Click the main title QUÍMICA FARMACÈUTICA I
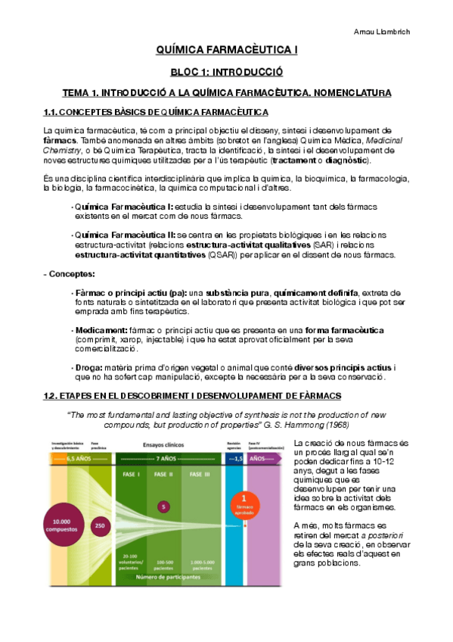[226, 50]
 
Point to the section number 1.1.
[52, 113]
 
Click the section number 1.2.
[52, 396]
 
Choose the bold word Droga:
[87, 368]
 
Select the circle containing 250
[99, 525]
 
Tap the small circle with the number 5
[163, 506]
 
